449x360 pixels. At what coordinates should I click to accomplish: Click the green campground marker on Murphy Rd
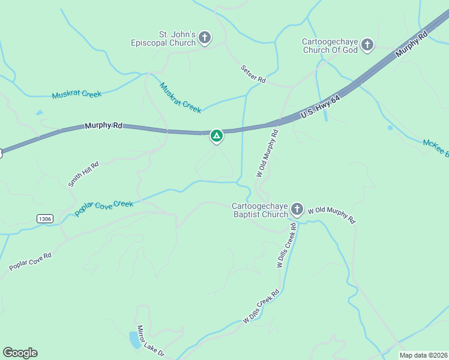(x=217, y=136)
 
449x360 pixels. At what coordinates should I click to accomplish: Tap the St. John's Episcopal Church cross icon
(x=204, y=39)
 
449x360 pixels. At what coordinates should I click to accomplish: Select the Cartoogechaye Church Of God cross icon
(x=367, y=45)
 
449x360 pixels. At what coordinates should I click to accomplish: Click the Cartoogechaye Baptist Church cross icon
(x=297, y=209)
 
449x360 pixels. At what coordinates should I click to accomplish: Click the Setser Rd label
(x=253, y=74)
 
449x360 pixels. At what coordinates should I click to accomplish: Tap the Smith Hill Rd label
(x=83, y=173)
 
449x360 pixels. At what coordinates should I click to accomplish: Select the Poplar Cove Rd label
(x=30, y=261)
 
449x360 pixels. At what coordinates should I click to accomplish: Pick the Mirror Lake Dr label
(x=150, y=341)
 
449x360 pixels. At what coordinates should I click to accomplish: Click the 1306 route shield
(x=44, y=218)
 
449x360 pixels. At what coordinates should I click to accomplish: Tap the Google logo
(x=20, y=353)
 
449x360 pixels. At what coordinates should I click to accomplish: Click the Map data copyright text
(x=423, y=355)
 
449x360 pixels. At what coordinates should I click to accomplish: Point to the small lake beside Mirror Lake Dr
(x=134, y=340)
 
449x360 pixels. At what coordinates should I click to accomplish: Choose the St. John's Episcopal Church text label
(x=164, y=38)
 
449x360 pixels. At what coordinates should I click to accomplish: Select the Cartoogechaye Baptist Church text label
(x=260, y=210)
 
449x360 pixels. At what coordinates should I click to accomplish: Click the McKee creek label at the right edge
(x=435, y=146)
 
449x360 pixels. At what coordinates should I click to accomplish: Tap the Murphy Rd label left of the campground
(x=103, y=126)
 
